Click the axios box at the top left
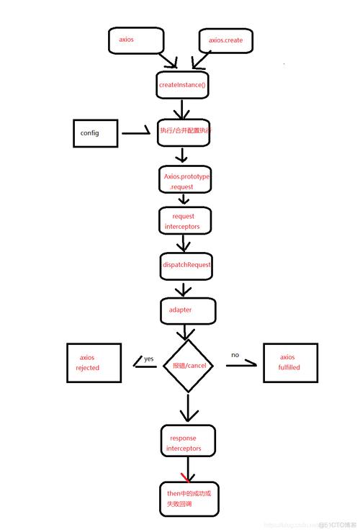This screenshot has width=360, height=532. pos(135,41)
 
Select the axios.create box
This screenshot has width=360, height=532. pos(225,41)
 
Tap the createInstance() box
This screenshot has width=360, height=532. pos(182,85)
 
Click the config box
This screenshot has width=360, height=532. pos(95,134)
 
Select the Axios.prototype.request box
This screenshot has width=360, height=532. pos(186,181)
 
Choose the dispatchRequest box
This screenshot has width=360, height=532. pos(186,265)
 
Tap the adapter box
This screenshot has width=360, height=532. pos(186,310)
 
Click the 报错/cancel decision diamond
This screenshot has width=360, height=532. pos(188,365)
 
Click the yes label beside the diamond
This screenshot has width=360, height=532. pos(148,358)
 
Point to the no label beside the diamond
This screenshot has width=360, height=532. pos(235,355)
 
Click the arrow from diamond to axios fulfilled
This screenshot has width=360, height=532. pos(241,366)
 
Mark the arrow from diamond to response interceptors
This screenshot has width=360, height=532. pos(188,408)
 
